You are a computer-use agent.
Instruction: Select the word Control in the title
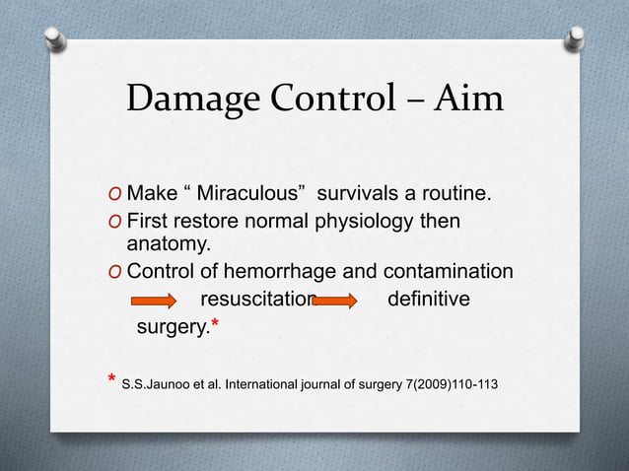click(329, 99)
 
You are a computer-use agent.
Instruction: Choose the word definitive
click(428, 300)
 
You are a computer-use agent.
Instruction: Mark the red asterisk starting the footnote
click(111, 379)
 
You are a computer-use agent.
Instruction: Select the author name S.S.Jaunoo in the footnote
click(155, 382)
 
